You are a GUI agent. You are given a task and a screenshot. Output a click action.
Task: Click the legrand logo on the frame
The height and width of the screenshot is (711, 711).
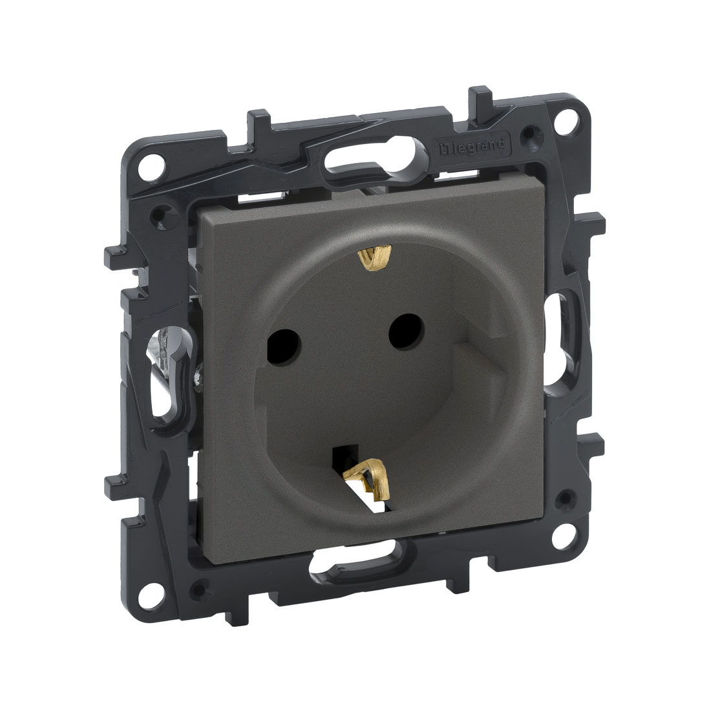tap(472, 147)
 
